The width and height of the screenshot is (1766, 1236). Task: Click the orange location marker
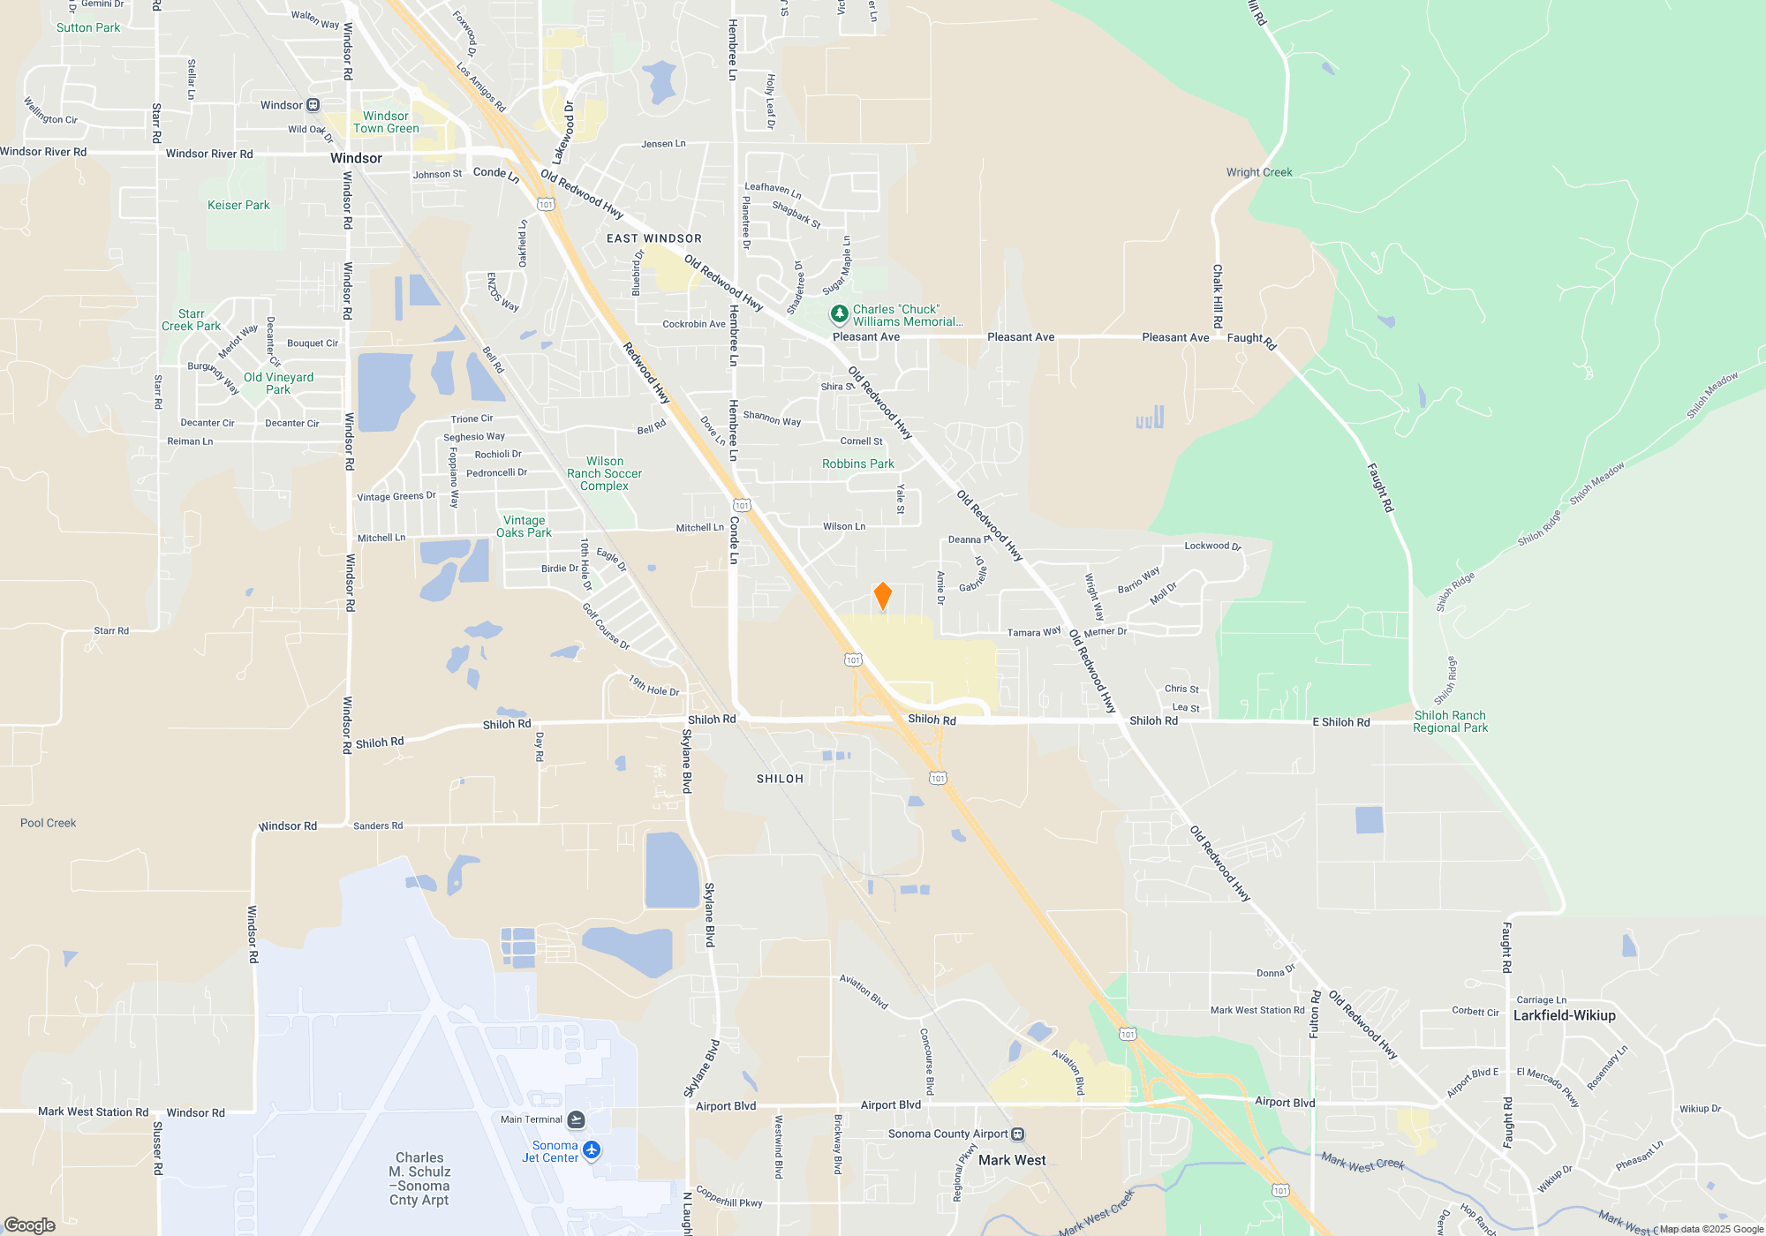tap(882, 596)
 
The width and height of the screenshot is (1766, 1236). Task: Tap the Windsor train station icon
tap(313, 105)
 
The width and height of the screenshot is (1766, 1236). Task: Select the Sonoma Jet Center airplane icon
tap(592, 1150)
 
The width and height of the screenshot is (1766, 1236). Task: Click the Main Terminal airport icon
tap(576, 1119)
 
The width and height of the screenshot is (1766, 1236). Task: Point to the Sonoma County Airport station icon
tap(1017, 1134)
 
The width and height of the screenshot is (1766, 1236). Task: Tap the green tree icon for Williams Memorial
tap(839, 314)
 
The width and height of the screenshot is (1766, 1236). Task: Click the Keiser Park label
tap(238, 205)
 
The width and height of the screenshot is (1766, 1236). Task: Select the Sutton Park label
tap(88, 27)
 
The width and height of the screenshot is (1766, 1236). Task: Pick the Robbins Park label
tap(857, 463)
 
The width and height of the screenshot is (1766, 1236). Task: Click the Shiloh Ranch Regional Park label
tap(1450, 721)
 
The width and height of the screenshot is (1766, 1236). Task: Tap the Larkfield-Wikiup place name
tap(1564, 1015)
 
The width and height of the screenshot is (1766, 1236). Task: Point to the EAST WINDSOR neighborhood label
tap(653, 238)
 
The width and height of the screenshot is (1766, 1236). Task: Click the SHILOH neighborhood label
tap(780, 779)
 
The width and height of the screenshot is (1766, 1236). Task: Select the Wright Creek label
tap(1258, 172)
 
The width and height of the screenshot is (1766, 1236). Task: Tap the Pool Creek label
tap(48, 823)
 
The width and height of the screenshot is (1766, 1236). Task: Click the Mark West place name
tap(1012, 1160)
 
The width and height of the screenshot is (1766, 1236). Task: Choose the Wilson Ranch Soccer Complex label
tap(604, 473)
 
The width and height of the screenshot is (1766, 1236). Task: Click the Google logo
tap(29, 1225)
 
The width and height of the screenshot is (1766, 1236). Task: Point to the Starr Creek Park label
tap(191, 320)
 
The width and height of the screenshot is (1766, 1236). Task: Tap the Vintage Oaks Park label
tap(524, 526)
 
